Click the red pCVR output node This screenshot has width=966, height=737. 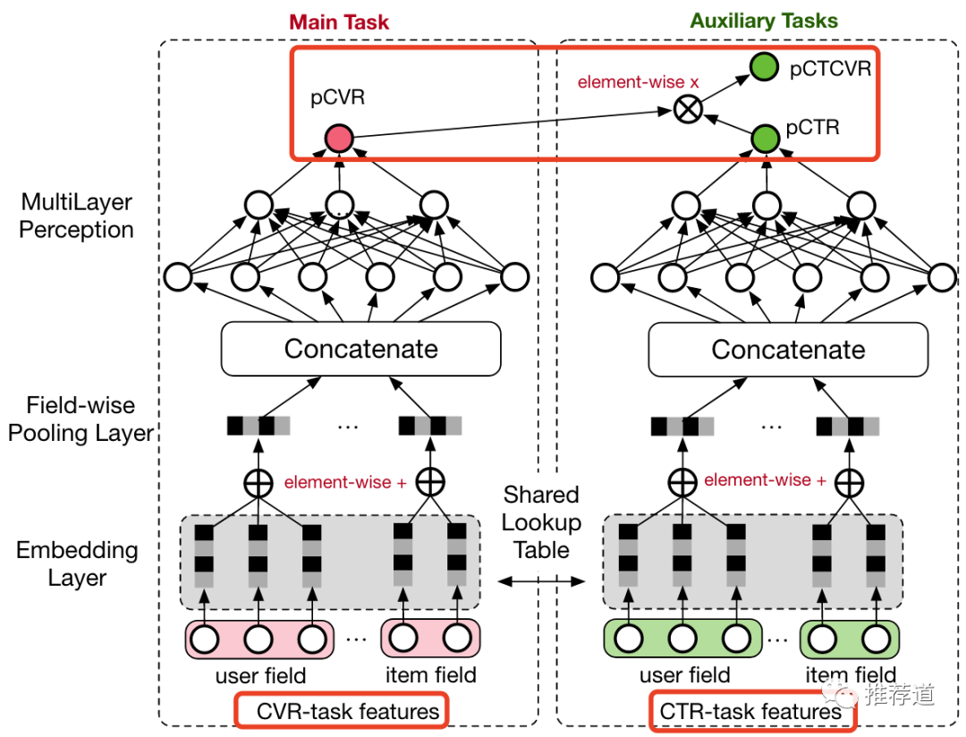click(339, 138)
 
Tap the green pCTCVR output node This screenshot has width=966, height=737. click(764, 68)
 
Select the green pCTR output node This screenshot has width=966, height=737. click(764, 138)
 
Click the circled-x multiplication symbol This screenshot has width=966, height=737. click(688, 110)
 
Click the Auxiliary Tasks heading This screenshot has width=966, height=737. click(764, 21)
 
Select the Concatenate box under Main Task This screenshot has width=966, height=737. click(360, 349)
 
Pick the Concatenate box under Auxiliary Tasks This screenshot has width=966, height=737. click(788, 349)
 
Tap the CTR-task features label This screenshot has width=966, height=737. click(751, 712)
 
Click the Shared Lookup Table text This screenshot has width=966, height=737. click(541, 521)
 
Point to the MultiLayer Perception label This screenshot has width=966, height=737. click(76, 216)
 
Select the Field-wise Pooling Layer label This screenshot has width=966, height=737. click(81, 419)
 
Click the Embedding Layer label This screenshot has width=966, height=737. click(77, 563)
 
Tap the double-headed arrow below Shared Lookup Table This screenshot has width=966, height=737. click(541, 581)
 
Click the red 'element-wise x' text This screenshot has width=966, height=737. click(638, 81)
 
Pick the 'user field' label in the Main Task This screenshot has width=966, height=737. click(260, 675)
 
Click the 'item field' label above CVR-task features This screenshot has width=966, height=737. click(431, 675)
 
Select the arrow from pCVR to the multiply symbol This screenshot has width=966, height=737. click(510, 124)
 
